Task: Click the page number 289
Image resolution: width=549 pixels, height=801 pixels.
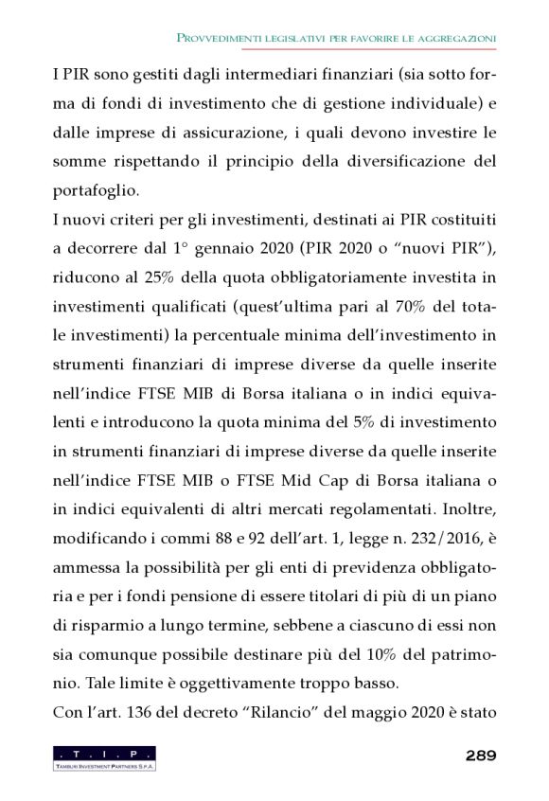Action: [481, 756]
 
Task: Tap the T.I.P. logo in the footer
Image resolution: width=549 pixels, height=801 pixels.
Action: [105, 757]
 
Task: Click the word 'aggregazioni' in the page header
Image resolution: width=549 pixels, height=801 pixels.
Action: [453, 37]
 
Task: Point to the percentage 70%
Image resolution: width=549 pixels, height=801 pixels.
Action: [419, 308]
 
